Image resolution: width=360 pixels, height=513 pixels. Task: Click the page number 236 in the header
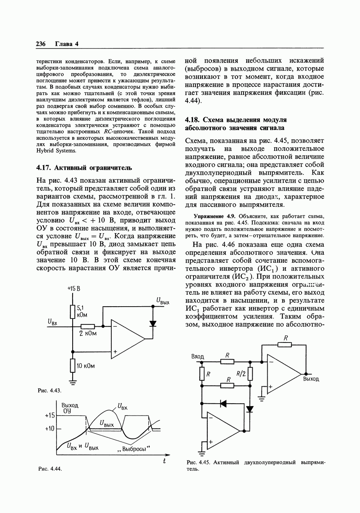pos(41,44)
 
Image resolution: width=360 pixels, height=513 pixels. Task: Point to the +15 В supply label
pos(73,289)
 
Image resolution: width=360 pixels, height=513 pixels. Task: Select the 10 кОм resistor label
pos(86,366)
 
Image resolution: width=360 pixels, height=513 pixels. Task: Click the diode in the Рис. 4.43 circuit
pos(153,324)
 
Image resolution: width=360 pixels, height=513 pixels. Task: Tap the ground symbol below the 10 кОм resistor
pos(73,381)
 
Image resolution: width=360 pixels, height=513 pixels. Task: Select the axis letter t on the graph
pos(164,461)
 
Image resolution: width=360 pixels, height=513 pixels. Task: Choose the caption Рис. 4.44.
pos(50,469)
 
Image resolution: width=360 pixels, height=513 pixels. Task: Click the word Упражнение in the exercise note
pos(208,216)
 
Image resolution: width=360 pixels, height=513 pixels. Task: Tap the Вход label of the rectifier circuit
pos(198,356)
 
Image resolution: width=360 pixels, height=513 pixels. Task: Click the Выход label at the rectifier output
pos(311,379)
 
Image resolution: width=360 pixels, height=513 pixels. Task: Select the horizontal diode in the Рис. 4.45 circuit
pos(223,403)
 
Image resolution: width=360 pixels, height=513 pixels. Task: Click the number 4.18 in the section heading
pos(193,120)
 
